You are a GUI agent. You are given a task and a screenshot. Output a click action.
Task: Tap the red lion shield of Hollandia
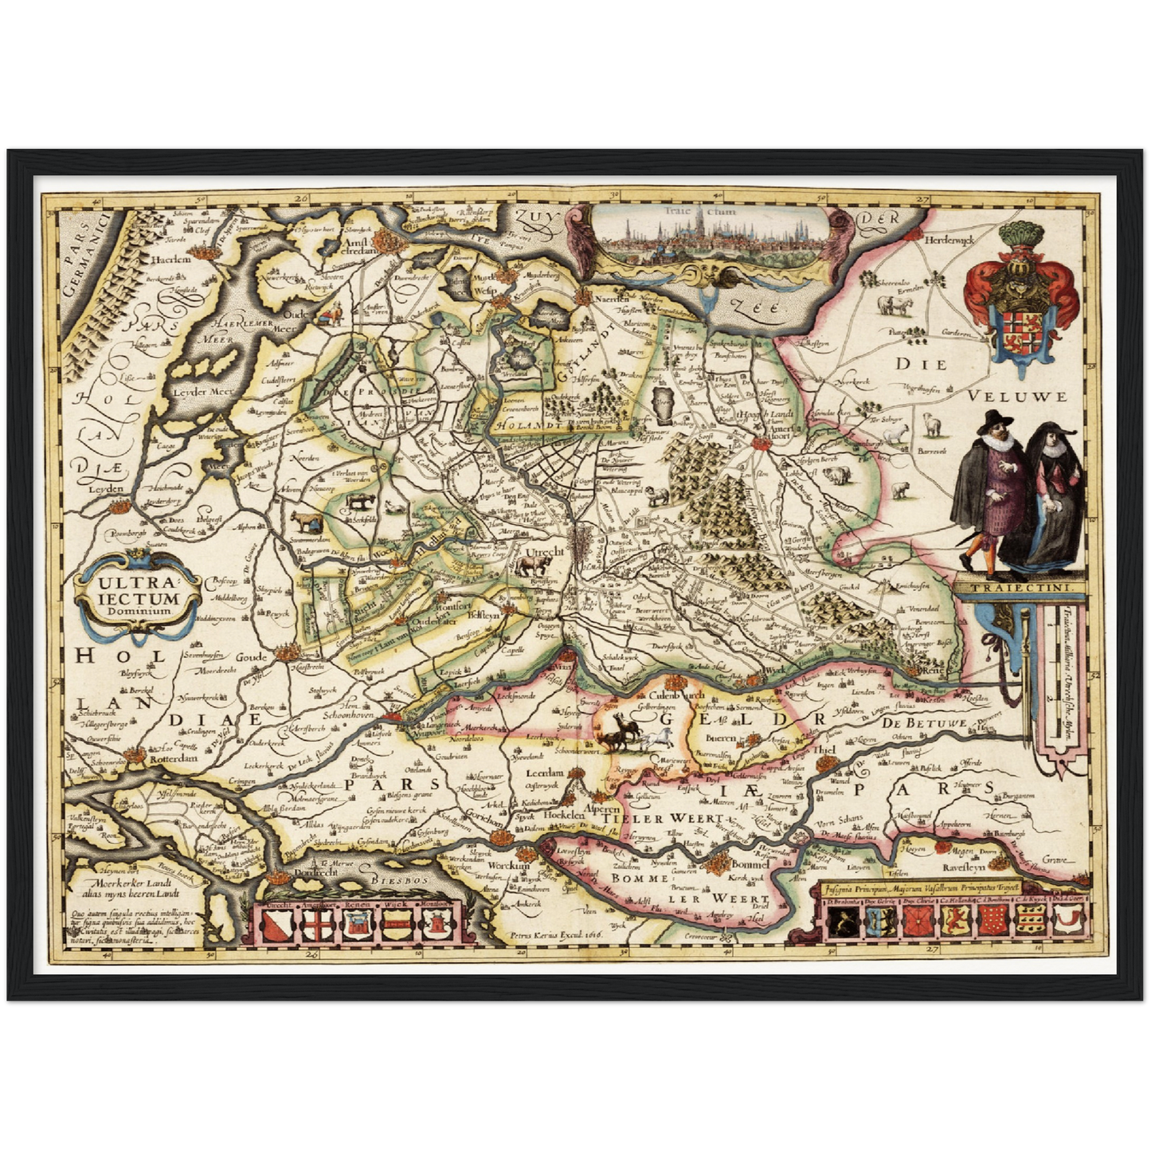[x=953, y=922]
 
